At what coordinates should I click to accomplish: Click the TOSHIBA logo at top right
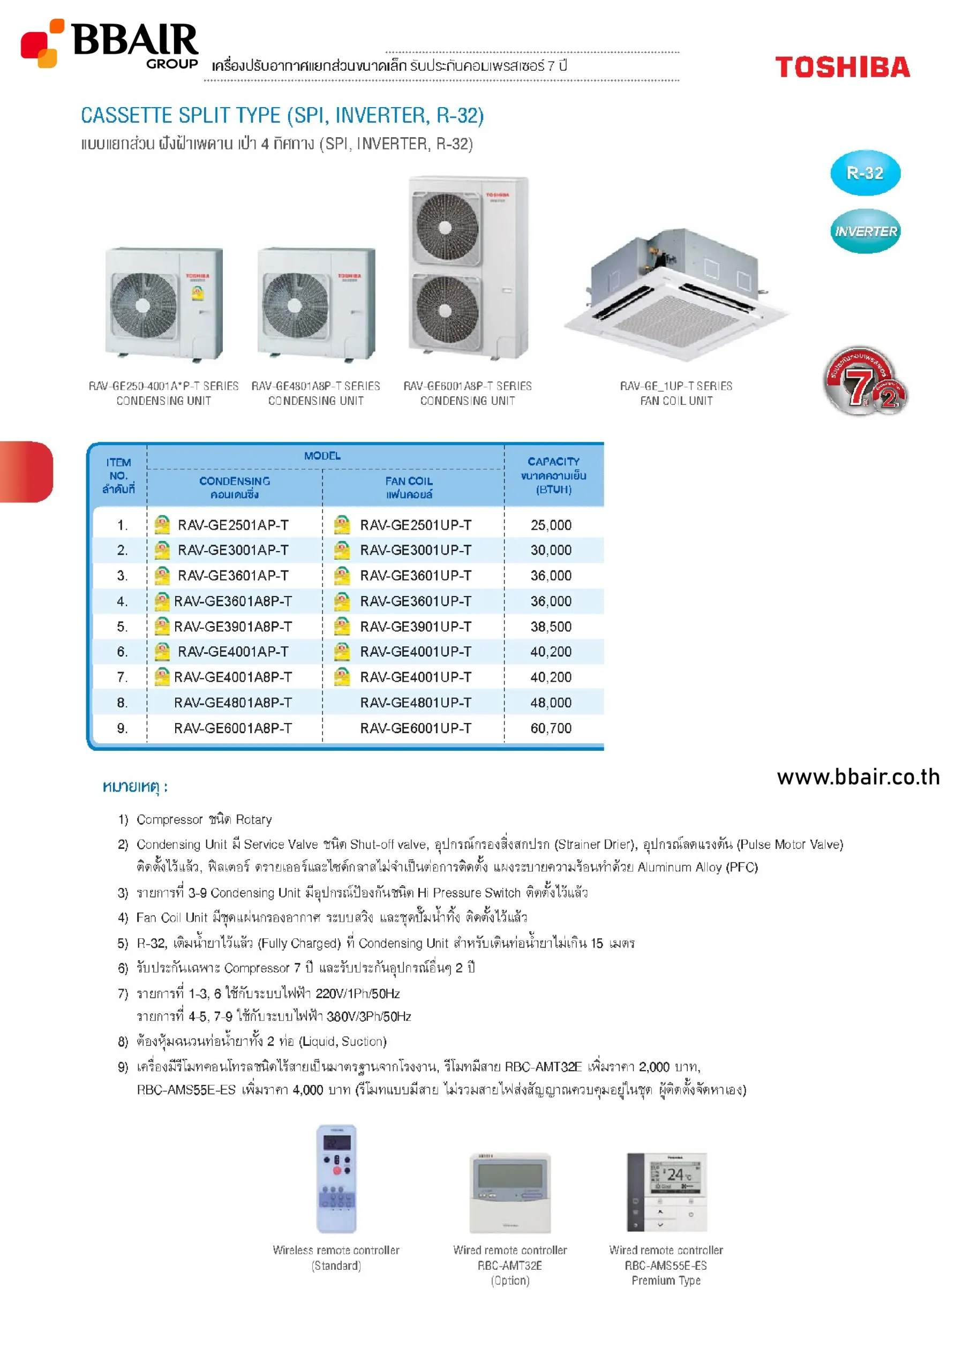point(842,67)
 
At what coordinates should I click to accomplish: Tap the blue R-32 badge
point(865,173)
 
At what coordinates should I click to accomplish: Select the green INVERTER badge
point(866,231)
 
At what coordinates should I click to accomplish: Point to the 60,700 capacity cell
point(551,728)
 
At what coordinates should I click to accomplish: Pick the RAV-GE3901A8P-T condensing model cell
point(232,627)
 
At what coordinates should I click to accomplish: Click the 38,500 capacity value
point(551,627)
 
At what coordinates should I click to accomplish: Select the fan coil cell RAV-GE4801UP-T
point(415,703)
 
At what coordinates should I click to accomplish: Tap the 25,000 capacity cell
point(551,525)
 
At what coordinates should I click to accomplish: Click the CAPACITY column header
point(553,476)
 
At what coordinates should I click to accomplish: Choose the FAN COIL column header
point(409,487)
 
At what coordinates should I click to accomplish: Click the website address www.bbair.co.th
point(858,777)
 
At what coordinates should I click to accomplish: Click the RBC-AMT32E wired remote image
point(509,1193)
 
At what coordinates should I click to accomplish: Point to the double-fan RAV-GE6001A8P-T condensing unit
point(468,269)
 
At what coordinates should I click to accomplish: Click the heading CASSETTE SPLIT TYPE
point(282,115)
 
